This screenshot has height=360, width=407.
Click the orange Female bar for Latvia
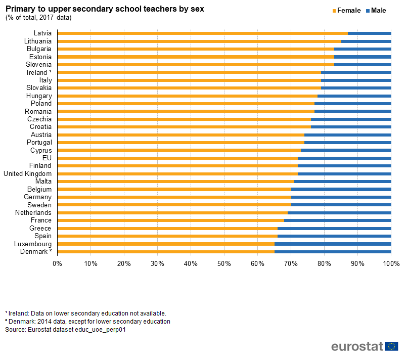pyautogui.click(x=202, y=33)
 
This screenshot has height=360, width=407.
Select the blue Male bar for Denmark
pyautogui.click(x=333, y=251)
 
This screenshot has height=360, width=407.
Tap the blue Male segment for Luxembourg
pyautogui.click(x=333, y=244)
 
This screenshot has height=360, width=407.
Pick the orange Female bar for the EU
pyautogui.click(x=177, y=158)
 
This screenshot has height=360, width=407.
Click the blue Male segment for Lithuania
pyautogui.click(x=366, y=41)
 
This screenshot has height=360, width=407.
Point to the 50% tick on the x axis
pyautogui.click(x=224, y=263)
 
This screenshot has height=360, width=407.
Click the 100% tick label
pyautogui.click(x=391, y=263)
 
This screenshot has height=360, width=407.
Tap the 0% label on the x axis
pyautogui.click(x=57, y=263)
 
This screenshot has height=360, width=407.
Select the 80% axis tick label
pyautogui.click(x=324, y=263)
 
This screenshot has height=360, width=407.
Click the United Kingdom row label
pyautogui.click(x=27, y=173)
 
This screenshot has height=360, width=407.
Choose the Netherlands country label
pyautogui.click(x=34, y=212)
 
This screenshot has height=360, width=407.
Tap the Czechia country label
pyautogui.click(x=39, y=119)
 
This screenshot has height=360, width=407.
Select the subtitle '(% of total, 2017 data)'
pyautogui.click(x=38, y=18)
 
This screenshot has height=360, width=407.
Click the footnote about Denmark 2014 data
pyautogui.click(x=87, y=321)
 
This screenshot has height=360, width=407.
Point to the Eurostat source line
pyautogui.click(x=65, y=330)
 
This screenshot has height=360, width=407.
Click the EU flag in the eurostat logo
pyautogui.click(x=391, y=346)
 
